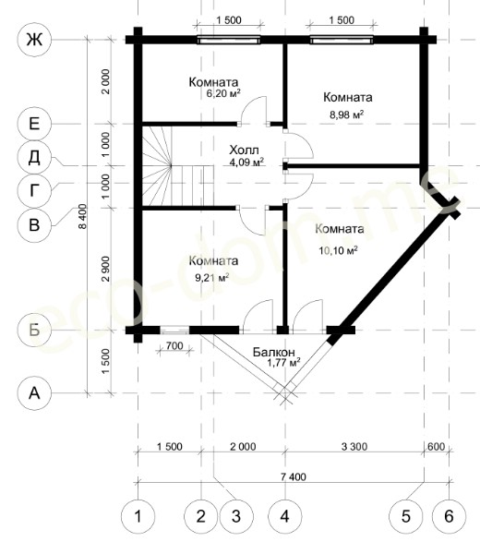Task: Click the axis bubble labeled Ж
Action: click(x=34, y=39)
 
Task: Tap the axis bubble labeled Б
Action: click(x=34, y=330)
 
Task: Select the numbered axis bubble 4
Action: click(x=284, y=516)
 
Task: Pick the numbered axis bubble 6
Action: click(x=449, y=516)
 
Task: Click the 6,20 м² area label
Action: click(x=223, y=93)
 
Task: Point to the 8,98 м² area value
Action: click(x=347, y=114)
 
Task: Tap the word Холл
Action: click(x=244, y=150)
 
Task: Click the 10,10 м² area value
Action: click(x=338, y=250)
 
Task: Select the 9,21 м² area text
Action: click(x=212, y=277)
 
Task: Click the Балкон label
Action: click(x=274, y=352)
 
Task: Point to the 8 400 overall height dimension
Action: click(x=83, y=216)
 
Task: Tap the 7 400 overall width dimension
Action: click(x=294, y=476)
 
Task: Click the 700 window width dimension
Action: click(x=174, y=345)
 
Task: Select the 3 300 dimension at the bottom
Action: click(x=354, y=447)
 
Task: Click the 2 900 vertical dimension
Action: click(x=105, y=269)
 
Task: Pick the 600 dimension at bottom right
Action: click(x=437, y=446)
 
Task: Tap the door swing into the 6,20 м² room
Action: click(x=253, y=110)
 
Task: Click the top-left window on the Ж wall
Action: click(x=228, y=40)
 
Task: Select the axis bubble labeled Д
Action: click(x=34, y=157)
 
